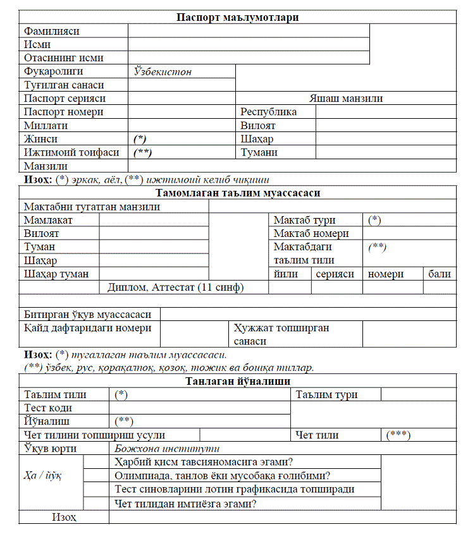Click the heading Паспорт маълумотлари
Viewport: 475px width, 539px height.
click(237, 17)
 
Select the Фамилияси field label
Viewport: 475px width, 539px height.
click(52, 31)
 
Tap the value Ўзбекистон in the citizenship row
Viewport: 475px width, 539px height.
click(163, 71)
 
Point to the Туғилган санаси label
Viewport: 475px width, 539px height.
click(64, 85)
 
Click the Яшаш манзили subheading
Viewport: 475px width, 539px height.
click(345, 98)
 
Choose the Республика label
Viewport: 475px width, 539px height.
click(268, 112)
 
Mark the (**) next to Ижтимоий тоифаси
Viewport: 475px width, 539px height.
click(143, 152)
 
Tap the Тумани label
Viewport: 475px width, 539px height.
click(259, 152)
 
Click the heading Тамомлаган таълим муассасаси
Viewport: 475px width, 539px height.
click(237, 193)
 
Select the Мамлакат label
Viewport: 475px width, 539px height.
click(49, 220)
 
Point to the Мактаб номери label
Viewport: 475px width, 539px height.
click(311, 233)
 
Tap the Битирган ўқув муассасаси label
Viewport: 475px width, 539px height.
click(87, 314)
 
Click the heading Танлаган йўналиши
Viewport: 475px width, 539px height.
click(237, 381)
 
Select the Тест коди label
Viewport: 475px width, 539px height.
click(47, 408)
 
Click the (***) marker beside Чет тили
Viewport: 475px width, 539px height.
click(398, 435)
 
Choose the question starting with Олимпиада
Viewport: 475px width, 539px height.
click(224, 475)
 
